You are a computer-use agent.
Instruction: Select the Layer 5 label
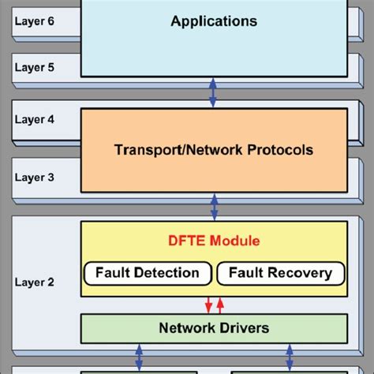34,67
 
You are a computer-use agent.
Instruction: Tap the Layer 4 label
34,122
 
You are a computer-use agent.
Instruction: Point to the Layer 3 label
34,178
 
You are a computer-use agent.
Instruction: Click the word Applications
214,21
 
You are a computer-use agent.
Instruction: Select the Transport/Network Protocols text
214,149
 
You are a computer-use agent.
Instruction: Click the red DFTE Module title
214,240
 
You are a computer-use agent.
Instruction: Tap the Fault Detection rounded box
148,274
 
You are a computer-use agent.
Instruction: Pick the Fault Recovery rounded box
281,274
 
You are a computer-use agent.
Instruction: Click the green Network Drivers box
214,327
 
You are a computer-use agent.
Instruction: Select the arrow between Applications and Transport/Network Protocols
212,92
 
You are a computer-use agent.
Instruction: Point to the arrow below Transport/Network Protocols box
214,206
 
